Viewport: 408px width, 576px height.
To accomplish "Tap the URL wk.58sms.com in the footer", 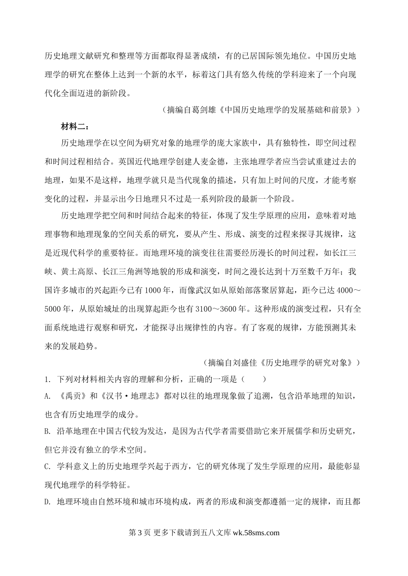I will click(x=256, y=533).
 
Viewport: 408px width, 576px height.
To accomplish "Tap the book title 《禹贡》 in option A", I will click(x=70, y=396).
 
